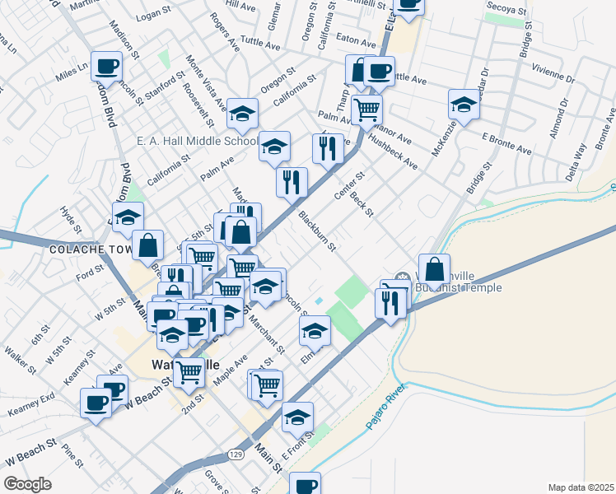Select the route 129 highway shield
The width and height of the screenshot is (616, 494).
tap(236, 454)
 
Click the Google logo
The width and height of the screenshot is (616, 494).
tap(27, 484)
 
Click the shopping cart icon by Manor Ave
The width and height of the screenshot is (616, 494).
tap(366, 108)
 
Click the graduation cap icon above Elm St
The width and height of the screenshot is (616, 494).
tap(315, 331)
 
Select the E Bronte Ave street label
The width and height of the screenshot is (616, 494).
tap(506, 143)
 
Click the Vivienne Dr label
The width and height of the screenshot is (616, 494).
tap(553, 72)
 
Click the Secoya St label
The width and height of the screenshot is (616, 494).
tap(506, 7)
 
